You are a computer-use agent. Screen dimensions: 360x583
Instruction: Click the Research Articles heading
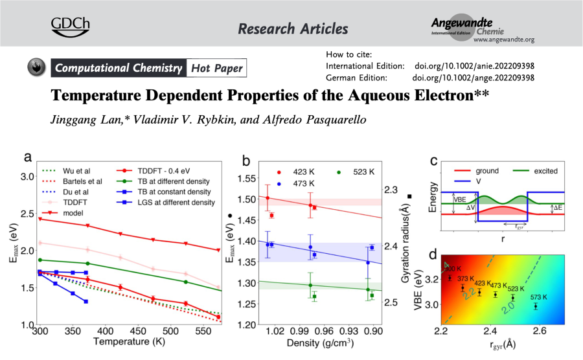293,28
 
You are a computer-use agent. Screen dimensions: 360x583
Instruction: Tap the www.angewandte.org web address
503,39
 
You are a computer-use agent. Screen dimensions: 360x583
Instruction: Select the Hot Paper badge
216,68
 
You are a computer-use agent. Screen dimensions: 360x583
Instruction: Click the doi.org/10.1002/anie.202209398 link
473,67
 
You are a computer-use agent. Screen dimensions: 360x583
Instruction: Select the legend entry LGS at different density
174,203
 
